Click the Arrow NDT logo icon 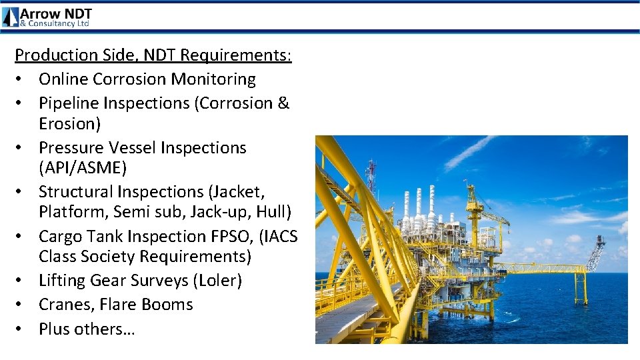point(11,17)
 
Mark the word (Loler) point(217,281)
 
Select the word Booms point(169,305)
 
